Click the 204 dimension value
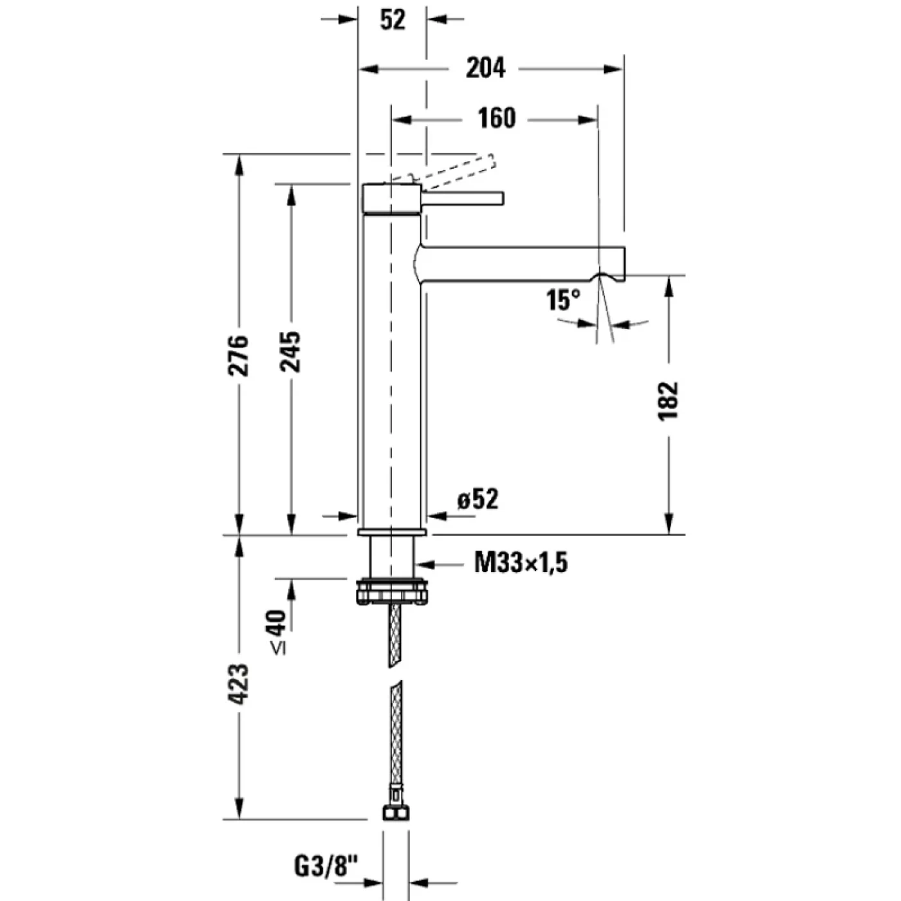(485, 68)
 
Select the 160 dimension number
(496, 119)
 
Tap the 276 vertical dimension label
(239, 355)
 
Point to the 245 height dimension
(290, 351)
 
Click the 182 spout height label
(669, 400)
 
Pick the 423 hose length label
(239, 683)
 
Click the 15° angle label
(563, 300)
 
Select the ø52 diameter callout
(478, 500)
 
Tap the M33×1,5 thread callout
(521, 564)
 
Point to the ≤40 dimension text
(277, 632)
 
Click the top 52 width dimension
(393, 21)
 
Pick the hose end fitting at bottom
(395, 813)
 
